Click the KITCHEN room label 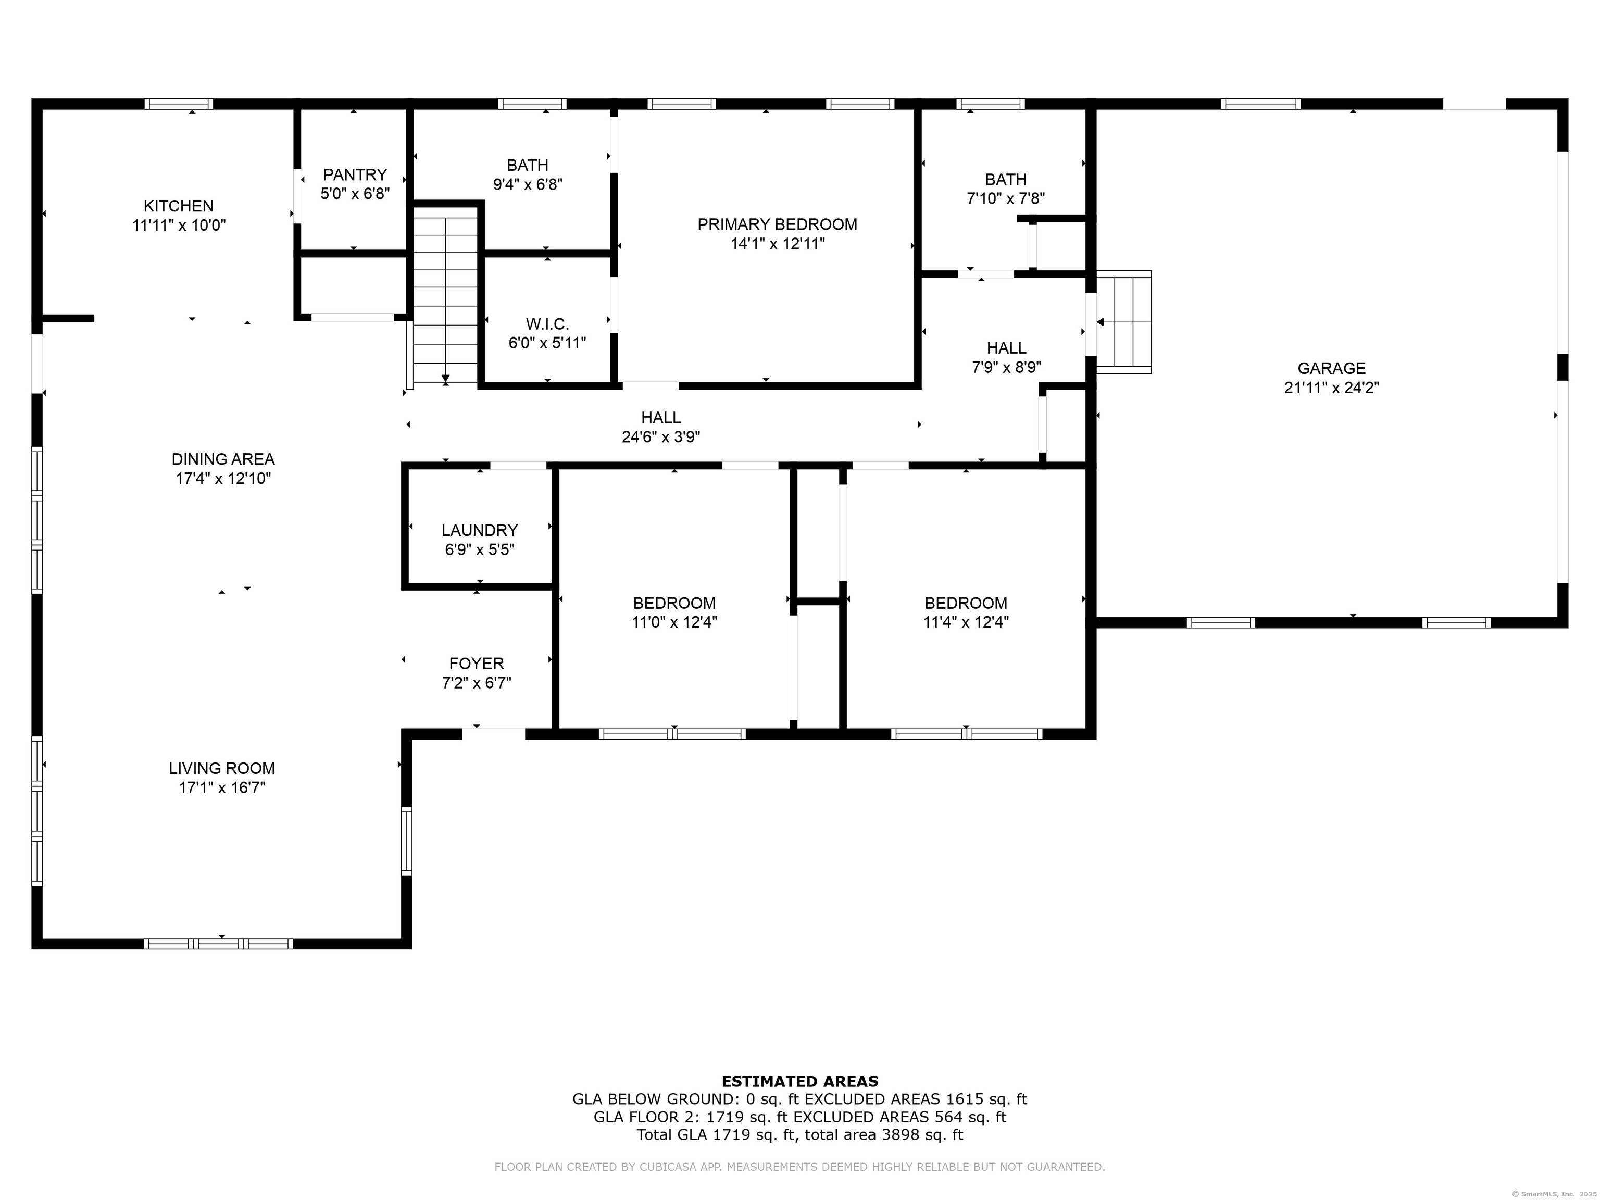coord(179,206)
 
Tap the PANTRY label coord(355,175)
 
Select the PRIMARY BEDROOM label coord(778,225)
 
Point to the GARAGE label coord(1332,369)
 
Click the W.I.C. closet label coord(547,324)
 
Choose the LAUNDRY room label coord(480,531)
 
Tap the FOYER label coord(477,664)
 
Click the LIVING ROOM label coord(222,769)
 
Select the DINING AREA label coord(223,459)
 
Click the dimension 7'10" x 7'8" coord(1006,199)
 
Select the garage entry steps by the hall coord(1123,322)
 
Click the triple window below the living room coord(218,944)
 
